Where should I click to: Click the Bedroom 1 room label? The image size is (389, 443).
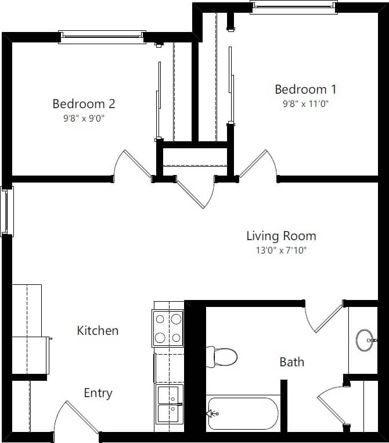click(305, 90)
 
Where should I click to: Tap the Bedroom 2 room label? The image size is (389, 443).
click(84, 104)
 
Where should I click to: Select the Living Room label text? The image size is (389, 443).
click(281, 236)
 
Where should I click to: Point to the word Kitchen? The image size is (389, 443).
click(98, 331)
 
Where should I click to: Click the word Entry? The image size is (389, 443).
click(98, 394)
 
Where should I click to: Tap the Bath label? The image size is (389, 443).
click(291, 362)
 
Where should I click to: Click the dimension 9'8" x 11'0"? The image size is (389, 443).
click(305, 104)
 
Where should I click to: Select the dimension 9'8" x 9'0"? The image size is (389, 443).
click(84, 118)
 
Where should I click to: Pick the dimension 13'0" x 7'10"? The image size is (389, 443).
click(281, 251)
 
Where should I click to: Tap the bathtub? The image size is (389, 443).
click(243, 413)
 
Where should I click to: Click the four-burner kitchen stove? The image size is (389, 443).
click(168, 328)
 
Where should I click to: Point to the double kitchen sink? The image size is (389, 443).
click(169, 404)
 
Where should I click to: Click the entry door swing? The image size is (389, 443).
click(75, 419)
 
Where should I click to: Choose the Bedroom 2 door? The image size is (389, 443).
click(132, 165)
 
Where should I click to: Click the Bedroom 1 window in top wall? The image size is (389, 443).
click(293, 6)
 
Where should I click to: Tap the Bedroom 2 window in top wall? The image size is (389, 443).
click(102, 37)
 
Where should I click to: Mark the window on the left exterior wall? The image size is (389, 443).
click(6, 210)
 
